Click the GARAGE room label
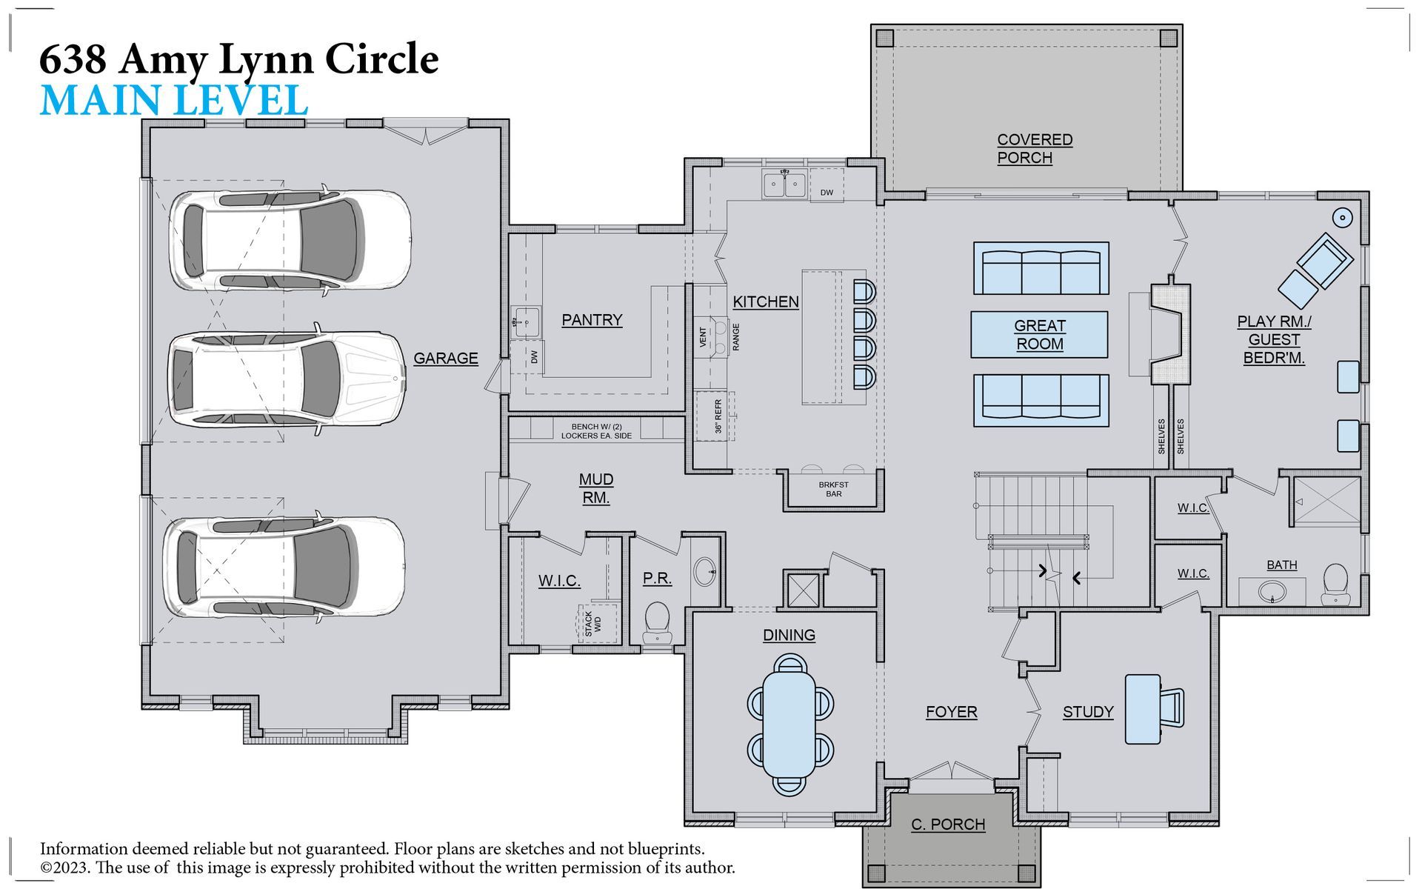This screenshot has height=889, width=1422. (445, 359)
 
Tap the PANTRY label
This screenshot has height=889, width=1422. (592, 320)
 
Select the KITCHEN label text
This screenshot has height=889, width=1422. (766, 302)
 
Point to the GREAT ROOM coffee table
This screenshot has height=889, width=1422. (1039, 335)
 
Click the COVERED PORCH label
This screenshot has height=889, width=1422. (1035, 149)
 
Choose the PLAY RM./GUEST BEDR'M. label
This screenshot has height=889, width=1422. (1274, 340)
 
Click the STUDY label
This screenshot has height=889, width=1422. (1088, 713)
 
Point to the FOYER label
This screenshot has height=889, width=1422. (951, 713)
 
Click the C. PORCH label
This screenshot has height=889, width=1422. (948, 825)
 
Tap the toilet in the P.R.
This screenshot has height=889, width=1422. (656, 622)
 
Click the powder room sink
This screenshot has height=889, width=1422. (705, 571)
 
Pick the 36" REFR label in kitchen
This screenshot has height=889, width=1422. (718, 416)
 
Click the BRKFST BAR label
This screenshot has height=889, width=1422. (834, 490)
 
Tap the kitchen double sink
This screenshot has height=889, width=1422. (784, 184)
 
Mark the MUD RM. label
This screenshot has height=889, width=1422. (596, 489)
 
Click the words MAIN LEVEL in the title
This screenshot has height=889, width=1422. (174, 101)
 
